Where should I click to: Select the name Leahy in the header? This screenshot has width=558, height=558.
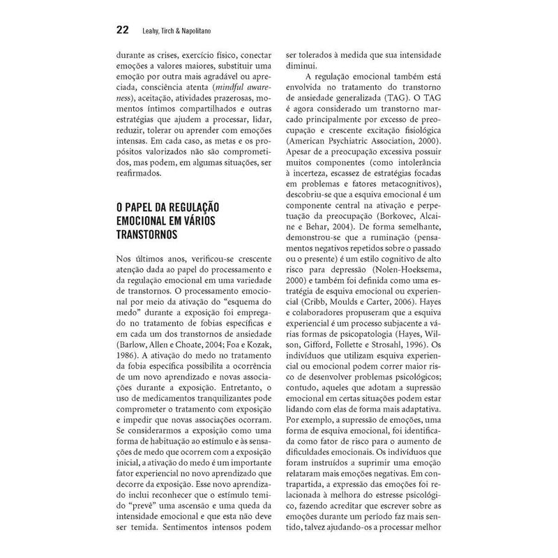point(153,31)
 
